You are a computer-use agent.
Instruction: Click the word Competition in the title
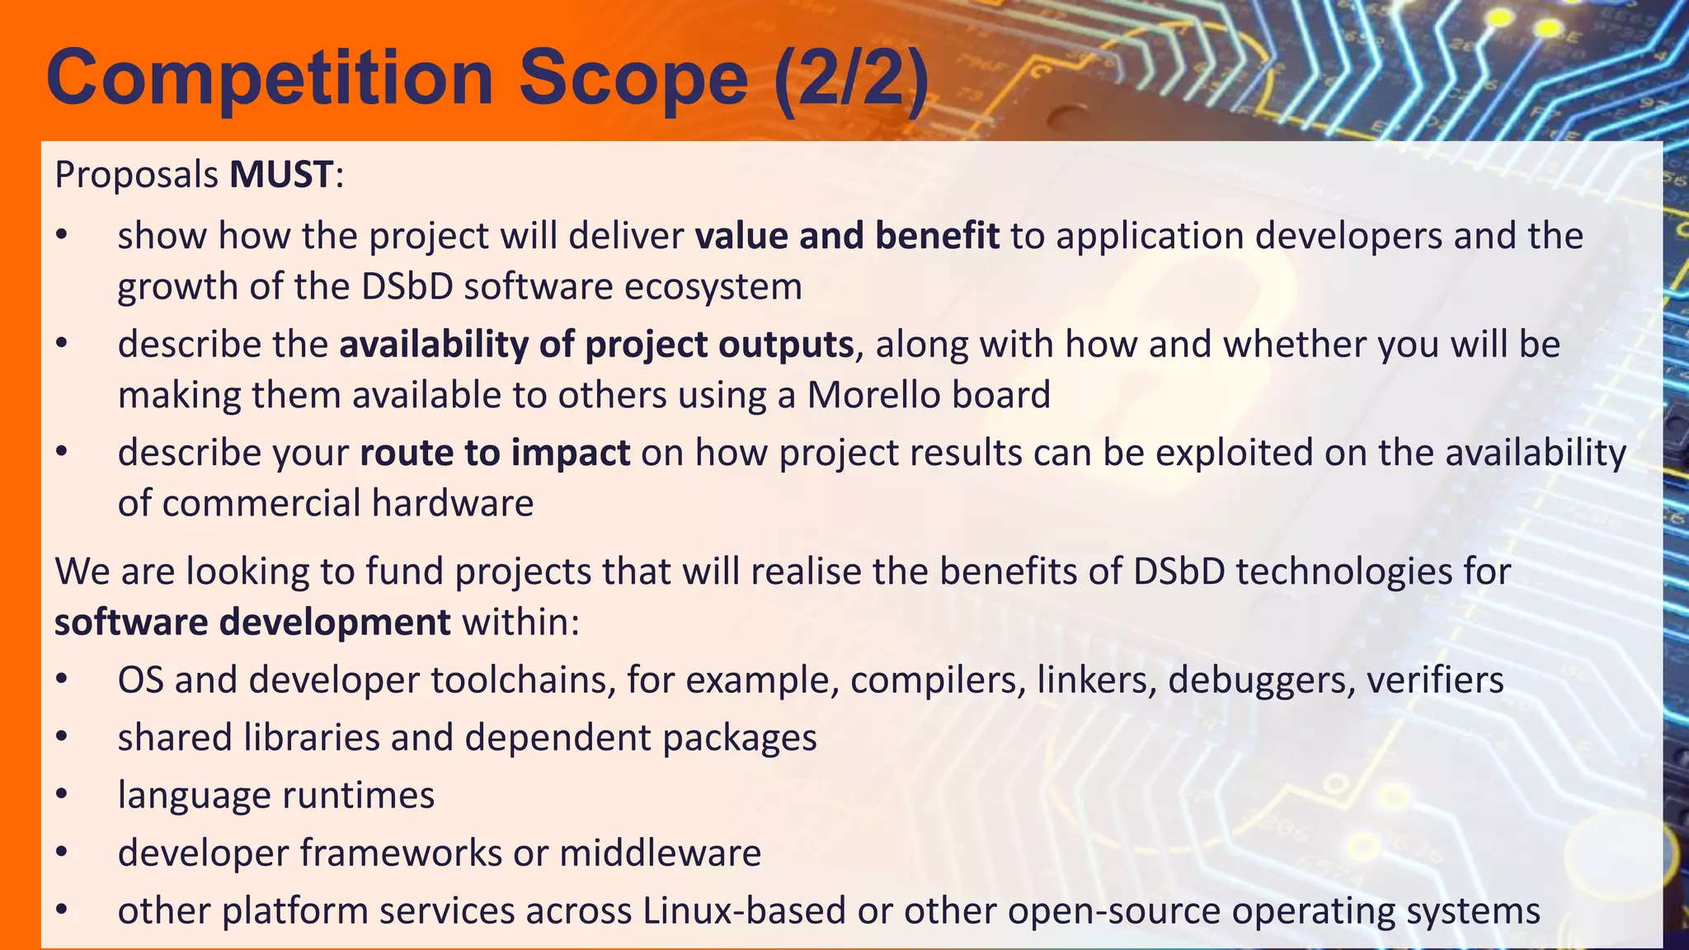click(x=271, y=78)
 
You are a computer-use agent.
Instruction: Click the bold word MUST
click(x=281, y=175)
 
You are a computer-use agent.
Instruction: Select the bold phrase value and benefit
click(x=847, y=236)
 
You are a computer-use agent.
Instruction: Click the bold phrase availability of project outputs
click(x=596, y=345)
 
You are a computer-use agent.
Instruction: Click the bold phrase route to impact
click(x=495, y=453)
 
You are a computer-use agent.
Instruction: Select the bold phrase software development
click(x=252, y=622)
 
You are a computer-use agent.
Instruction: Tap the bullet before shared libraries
click(x=62, y=738)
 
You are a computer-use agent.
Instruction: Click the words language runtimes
click(x=276, y=795)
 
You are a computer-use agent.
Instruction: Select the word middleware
click(x=660, y=853)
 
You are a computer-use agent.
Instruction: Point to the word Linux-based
click(x=744, y=911)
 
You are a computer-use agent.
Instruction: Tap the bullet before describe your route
click(x=62, y=453)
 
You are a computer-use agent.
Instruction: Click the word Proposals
click(x=136, y=175)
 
